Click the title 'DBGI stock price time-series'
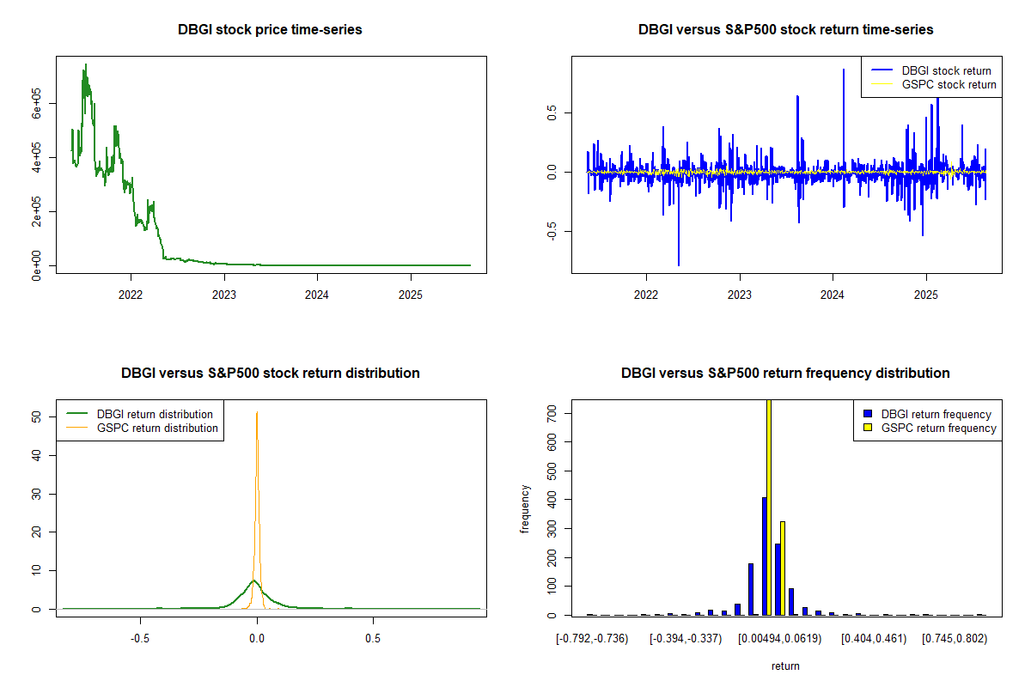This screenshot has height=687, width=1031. click(x=270, y=29)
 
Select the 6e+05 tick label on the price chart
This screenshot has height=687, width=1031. click(x=36, y=104)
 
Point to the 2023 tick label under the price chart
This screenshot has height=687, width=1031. click(x=224, y=295)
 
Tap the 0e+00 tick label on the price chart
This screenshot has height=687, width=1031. click(x=36, y=265)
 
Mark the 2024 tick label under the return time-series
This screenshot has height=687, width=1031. click(x=833, y=295)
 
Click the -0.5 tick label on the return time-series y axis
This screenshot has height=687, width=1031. click(x=552, y=232)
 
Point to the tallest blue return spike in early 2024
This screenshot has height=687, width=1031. click(x=844, y=70)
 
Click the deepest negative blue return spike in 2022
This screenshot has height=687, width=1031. click(x=679, y=265)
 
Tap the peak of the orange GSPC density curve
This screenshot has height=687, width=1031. click(x=257, y=412)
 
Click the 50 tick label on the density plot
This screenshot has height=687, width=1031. click(x=36, y=416)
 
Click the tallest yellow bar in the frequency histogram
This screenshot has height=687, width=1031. click(x=769, y=507)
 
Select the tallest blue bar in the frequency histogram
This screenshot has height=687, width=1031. click(x=765, y=556)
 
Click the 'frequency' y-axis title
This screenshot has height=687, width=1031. click(x=525, y=509)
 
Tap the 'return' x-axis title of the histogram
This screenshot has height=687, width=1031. click(x=785, y=666)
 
